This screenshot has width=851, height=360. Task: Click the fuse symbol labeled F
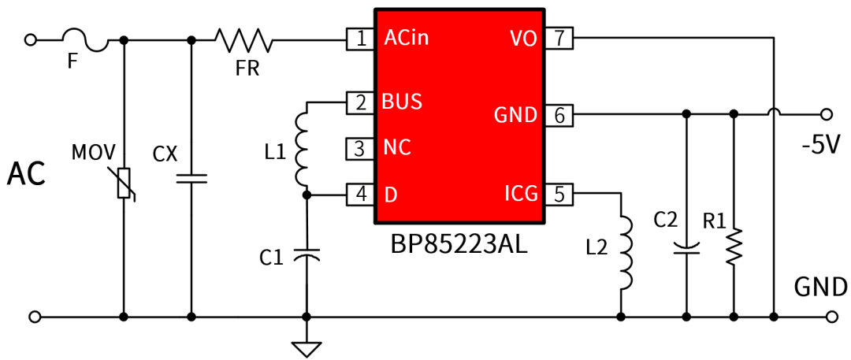(84, 40)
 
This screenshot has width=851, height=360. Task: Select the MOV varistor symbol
(124, 184)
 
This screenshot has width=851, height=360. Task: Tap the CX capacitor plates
(191, 178)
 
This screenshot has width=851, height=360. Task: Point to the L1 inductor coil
(303, 148)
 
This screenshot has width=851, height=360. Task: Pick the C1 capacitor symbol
(306, 255)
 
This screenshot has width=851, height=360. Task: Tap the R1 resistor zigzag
(734, 247)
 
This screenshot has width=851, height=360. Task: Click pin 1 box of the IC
(361, 38)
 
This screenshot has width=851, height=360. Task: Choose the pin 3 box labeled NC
(360, 147)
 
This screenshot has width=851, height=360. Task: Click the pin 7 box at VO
(559, 38)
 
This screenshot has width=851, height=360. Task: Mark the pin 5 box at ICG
(559, 193)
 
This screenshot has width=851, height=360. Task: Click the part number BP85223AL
(459, 245)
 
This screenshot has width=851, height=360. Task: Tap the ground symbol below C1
(306, 347)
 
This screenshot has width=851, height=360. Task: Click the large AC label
(26, 175)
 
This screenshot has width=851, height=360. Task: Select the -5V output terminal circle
(827, 114)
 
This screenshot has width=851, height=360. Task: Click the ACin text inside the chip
(406, 38)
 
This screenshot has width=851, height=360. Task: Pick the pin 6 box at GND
(559, 115)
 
